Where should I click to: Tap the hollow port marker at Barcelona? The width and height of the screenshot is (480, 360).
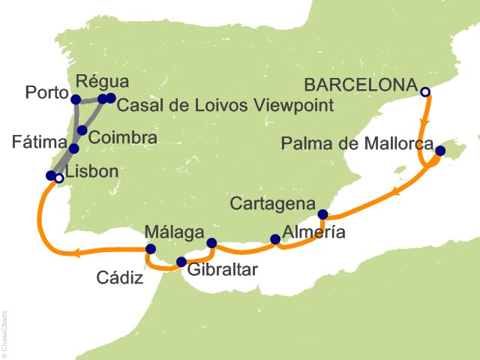pos(425,92)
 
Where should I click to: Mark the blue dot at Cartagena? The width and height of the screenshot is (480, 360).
pos(323,214)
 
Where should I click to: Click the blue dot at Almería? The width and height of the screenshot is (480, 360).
pos(275,240)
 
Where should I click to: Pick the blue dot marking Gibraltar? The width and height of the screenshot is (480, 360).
pos(181,262)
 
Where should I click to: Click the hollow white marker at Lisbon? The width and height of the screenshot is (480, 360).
pos(58,178)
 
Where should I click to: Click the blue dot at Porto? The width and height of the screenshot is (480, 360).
pos(76,99)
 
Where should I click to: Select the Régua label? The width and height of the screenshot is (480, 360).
pos(103,81)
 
